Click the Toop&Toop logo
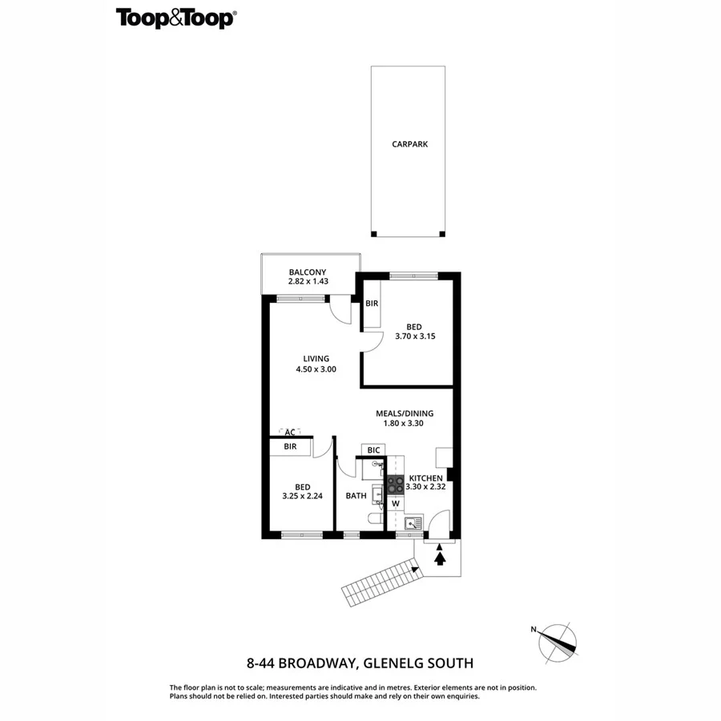(176, 18)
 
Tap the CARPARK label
(409, 145)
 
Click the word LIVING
(316, 358)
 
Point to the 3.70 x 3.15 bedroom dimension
(413, 337)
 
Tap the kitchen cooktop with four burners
(395, 484)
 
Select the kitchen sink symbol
(413, 524)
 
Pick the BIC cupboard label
(373, 450)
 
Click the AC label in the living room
(289, 432)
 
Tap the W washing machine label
(395, 504)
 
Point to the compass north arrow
(558, 641)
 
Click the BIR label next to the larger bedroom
(372, 304)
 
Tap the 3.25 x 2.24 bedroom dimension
(302, 497)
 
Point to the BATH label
(356, 496)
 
